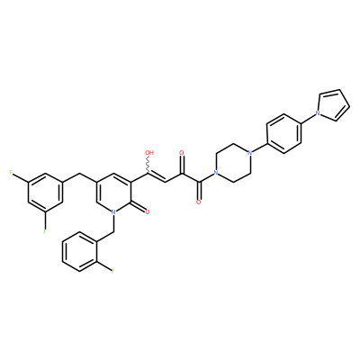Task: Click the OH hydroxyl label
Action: pos(149,153)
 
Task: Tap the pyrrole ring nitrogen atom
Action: pos(317,113)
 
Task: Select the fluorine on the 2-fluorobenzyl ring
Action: pos(113,271)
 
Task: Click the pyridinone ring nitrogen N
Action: pos(113,211)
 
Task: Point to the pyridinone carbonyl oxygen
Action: pos(147,212)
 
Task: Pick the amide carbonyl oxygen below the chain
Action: pos(198,202)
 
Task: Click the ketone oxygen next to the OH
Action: pos(181,153)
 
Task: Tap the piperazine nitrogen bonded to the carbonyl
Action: pos(215,173)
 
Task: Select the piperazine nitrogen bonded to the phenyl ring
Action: pos(249,153)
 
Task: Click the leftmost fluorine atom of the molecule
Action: pos(11,173)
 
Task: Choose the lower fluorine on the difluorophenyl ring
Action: pos(45,231)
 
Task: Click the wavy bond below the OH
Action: pos(148,165)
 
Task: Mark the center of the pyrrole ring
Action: pos(334,105)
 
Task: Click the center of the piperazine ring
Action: pos(232,163)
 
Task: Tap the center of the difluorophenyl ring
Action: pos(45,192)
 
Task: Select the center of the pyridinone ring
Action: pos(113,192)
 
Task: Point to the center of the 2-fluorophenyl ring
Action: pos(79,251)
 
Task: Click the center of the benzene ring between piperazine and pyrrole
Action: pos(283,133)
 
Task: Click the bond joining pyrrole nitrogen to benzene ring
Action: pos(307,118)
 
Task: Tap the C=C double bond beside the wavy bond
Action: pos(157,177)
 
